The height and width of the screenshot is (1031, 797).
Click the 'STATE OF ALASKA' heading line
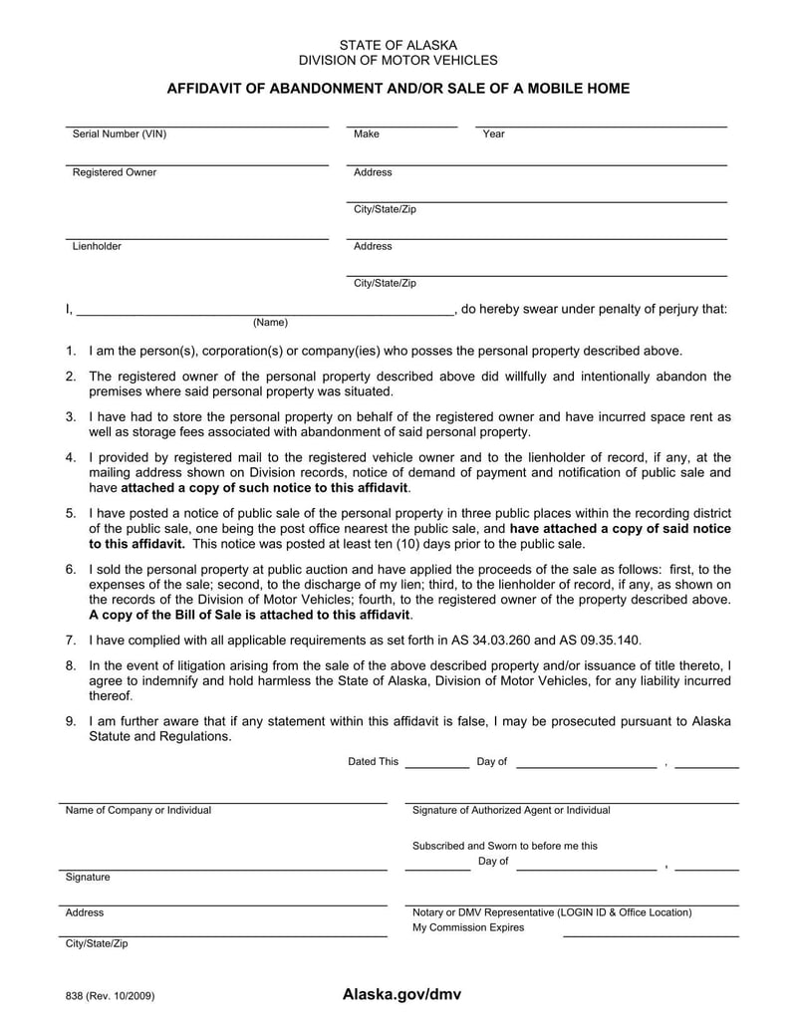[398, 45]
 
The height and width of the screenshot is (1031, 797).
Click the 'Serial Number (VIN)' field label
[120, 134]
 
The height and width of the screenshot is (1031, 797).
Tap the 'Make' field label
[367, 134]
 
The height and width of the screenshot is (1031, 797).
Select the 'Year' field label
[493, 134]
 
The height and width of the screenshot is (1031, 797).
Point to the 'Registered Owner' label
[115, 172]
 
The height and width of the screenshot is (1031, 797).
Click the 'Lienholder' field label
[97, 246]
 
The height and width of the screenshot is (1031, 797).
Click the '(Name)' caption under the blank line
[270, 323]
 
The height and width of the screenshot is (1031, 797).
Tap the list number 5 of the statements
[71, 513]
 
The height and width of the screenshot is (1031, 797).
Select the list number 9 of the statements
[71, 721]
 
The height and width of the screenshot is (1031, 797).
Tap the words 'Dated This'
[373, 762]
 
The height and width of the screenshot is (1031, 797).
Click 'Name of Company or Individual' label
[138, 811]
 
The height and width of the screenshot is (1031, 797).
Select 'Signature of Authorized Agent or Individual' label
[511, 811]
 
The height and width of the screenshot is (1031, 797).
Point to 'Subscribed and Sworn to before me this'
[505, 846]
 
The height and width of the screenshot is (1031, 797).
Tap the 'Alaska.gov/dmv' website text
[401, 994]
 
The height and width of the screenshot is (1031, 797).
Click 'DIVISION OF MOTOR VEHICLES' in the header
[398, 61]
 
